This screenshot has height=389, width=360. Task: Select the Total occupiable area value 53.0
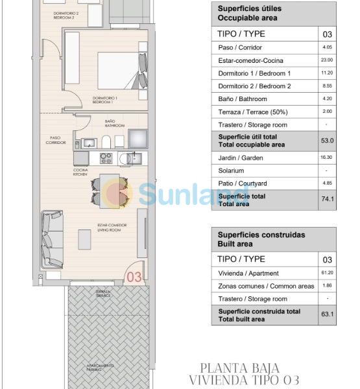tap(328, 140)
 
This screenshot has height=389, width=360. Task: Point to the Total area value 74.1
tap(328, 199)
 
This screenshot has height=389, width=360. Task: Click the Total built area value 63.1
tap(328, 315)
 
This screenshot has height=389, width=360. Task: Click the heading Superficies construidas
tap(252, 235)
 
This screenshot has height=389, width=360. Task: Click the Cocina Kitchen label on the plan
tap(81, 173)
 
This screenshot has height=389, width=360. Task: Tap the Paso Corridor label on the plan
tap(56, 140)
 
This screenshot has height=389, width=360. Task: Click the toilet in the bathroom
tap(115, 141)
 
